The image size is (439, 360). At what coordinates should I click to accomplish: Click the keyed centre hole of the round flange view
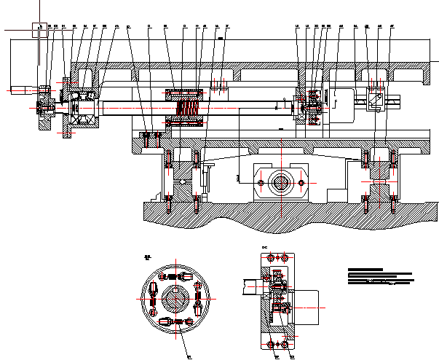click(x=175, y=299)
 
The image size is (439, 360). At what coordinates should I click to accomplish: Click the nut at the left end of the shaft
click(x=47, y=108)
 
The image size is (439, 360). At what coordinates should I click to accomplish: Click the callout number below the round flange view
click(x=189, y=356)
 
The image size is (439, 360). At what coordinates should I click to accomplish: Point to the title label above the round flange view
click(x=146, y=257)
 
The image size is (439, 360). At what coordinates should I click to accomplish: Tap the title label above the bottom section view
click(x=265, y=249)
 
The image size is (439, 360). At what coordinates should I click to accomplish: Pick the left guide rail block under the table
click(x=182, y=176)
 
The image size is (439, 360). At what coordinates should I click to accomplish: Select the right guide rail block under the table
click(x=378, y=175)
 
